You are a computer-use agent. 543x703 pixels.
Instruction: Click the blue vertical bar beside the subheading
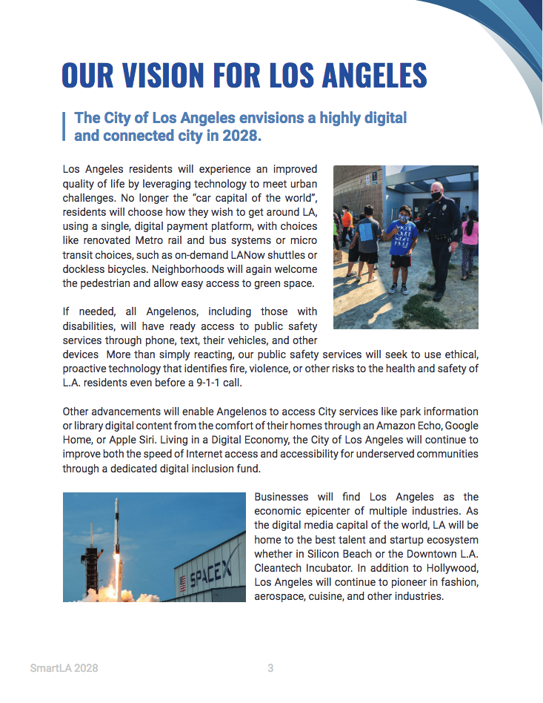point(65,127)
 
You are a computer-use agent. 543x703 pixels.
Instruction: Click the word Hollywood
point(450,568)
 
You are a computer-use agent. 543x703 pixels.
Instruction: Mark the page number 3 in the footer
point(270,668)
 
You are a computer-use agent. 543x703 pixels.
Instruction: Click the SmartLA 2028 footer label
point(64,668)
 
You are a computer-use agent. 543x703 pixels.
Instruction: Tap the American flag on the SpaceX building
point(183,584)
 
